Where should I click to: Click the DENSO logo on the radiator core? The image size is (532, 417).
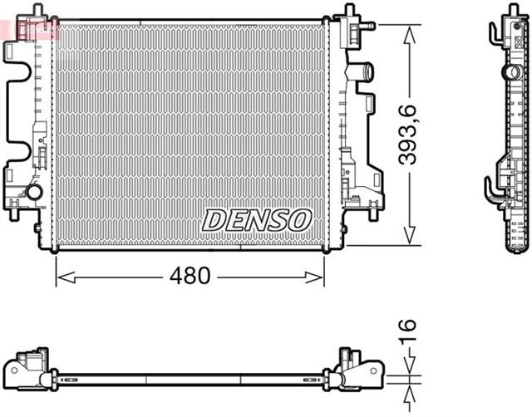256,220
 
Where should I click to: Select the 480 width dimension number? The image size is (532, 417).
191,276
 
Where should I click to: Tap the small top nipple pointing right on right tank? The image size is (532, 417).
364,27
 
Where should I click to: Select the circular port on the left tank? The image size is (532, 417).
34,192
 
